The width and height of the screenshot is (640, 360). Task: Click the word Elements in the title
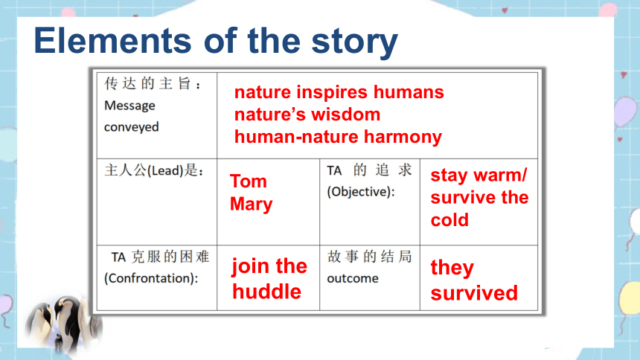click(112, 40)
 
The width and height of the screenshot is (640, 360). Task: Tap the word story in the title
click(354, 43)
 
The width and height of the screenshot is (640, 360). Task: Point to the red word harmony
click(403, 137)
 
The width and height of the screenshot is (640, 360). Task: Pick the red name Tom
click(248, 181)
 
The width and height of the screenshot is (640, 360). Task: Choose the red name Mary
click(251, 205)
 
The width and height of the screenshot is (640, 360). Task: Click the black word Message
click(129, 106)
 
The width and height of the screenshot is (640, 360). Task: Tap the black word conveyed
click(132, 127)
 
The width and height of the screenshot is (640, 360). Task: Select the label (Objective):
click(361, 191)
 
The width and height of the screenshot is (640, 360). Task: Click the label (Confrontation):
click(151, 278)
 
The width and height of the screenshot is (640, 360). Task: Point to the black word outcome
click(353, 278)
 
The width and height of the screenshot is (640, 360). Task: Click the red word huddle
click(266, 292)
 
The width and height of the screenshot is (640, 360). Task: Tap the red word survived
click(474, 293)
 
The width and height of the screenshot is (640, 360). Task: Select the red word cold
click(449, 220)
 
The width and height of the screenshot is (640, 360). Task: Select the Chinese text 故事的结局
click(369, 257)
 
